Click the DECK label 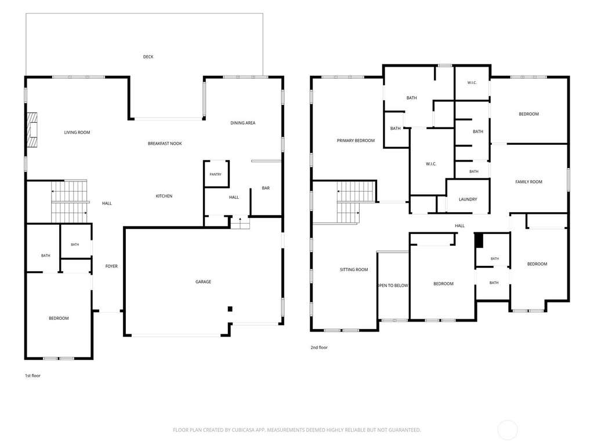pos(148,57)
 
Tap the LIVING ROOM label pos(77,133)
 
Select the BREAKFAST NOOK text pos(165,144)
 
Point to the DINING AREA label pos(243,123)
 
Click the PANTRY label pos(216,174)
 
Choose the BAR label pos(266,188)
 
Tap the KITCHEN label pos(164,196)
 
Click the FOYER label pos(111,267)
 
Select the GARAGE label pos(204,282)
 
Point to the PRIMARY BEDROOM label pos(356,141)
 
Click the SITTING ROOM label pos(354,270)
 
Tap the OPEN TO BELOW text pos(393,286)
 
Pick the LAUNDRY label pos(468,199)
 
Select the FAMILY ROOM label pos(529,182)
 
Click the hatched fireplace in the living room pos(32,130)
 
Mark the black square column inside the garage pos(230,309)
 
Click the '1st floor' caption pos(32,375)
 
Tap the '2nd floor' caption pos(319,348)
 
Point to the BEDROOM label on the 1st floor pos(59,319)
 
